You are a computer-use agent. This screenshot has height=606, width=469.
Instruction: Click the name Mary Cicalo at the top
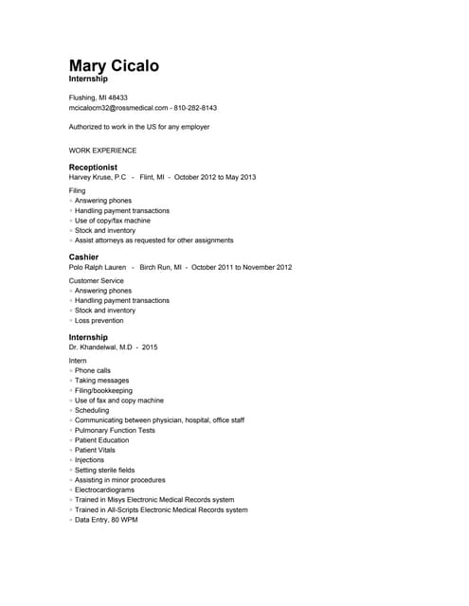click(x=114, y=65)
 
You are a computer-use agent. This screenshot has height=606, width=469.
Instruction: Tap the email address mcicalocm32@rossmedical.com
click(x=118, y=108)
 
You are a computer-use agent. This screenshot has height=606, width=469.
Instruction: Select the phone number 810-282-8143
click(x=195, y=108)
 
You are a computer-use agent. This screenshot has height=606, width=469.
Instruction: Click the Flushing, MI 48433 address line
click(x=99, y=98)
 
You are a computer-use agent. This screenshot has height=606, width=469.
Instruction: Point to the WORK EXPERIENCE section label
click(x=102, y=151)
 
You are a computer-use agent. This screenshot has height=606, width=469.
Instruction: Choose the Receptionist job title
click(x=93, y=167)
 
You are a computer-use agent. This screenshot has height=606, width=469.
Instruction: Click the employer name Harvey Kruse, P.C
click(x=98, y=177)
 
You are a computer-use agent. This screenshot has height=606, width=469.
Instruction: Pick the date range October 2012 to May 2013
click(x=215, y=177)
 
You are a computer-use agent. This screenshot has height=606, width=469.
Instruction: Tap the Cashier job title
click(x=83, y=257)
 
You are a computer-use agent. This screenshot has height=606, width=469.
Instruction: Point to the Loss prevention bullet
click(x=99, y=320)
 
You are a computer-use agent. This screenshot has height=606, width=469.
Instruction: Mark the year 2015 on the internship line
click(x=150, y=348)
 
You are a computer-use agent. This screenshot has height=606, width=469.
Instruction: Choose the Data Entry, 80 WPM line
click(x=106, y=520)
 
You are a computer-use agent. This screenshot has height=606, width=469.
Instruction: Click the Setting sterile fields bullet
click(x=104, y=470)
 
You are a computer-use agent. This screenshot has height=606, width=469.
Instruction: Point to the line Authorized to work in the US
click(x=139, y=126)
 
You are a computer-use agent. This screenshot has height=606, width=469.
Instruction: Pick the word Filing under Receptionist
click(x=77, y=190)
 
